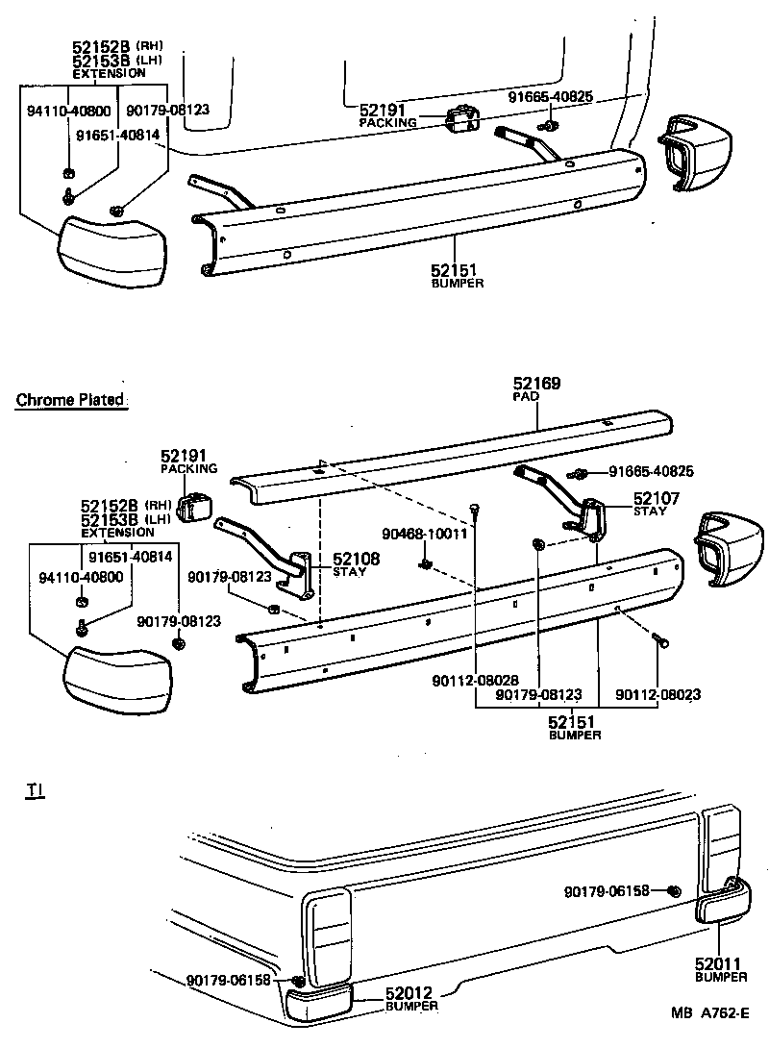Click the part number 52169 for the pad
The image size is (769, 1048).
536,384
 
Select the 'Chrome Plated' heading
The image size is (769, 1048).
70,400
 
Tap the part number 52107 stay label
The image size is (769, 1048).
656,498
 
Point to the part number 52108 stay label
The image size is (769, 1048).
357,559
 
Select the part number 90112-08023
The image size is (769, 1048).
657,693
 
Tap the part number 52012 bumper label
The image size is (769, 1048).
412,993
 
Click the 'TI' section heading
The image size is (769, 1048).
35,790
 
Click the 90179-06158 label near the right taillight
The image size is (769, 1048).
607,891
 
